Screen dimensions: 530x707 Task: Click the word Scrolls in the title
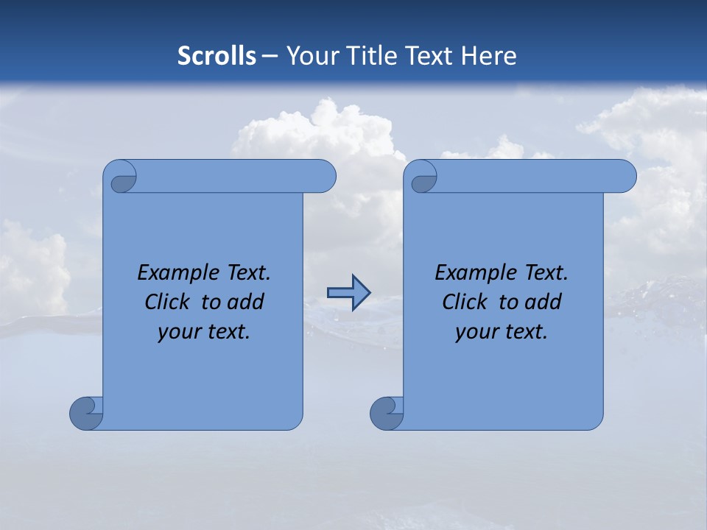point(217,56)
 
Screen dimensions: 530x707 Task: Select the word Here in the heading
point(489,56)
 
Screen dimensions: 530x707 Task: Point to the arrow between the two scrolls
point(348,292)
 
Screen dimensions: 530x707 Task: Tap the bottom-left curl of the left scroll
point(86,413)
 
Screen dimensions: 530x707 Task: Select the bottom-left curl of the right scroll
point(387,413)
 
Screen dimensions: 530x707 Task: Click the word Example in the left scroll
point(173,273)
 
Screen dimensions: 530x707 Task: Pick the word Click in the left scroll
point(167,302)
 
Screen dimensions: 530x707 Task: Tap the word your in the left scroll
point(177,332)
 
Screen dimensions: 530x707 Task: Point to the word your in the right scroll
point(474,332)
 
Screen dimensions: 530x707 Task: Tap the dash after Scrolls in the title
point(270,56)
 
